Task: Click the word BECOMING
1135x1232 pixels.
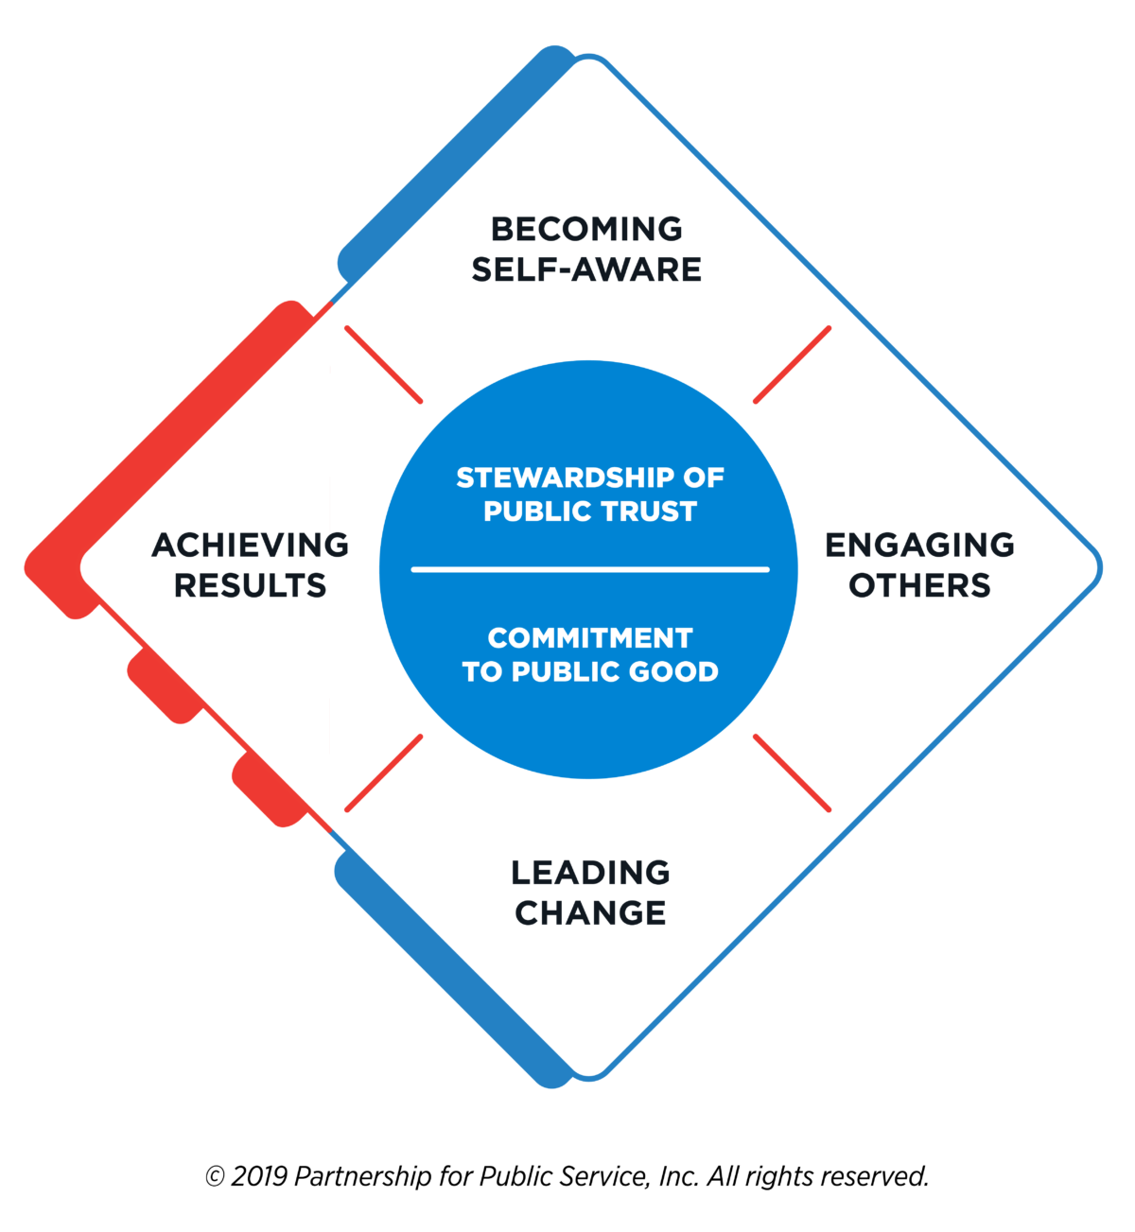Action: coord(586,229)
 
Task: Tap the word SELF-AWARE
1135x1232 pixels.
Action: coord(586,269)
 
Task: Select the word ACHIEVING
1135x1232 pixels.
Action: coord(251,545)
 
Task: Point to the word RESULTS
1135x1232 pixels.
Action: coord(251,585)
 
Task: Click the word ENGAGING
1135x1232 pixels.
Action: coord(919,545)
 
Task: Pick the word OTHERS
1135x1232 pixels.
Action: coord(919,585)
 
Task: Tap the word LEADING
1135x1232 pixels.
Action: coord(590,872)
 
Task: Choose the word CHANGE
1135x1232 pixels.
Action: coord(590,912)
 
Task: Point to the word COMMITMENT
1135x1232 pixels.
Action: coord(590,638)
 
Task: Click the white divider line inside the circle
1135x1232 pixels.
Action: coord(590,569)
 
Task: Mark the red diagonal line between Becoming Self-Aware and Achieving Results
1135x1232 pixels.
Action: coord(384,365)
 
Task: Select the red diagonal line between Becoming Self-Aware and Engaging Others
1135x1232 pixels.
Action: coord(792,365)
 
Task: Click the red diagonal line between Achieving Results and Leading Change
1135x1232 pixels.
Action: coord(384,772)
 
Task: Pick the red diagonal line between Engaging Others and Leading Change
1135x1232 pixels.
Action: coord(792,772)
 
